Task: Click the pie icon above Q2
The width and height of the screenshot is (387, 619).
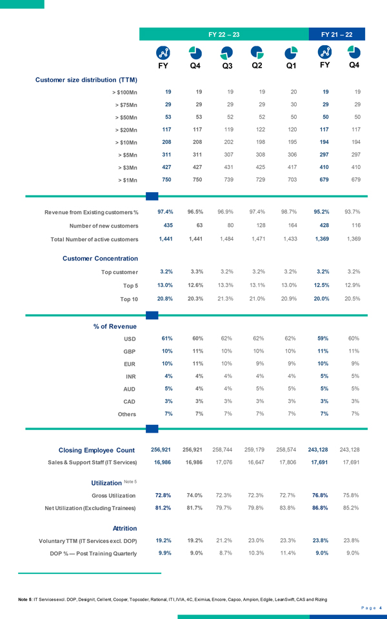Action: pyautogui.click(x=256, y=52)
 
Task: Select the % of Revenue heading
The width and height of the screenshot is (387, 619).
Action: pyautogui.click(x=114, y=326)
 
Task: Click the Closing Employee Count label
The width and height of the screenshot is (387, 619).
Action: pyautogui.click(x=96, y=449)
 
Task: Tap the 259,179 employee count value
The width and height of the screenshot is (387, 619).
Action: pyautogui.click(x=256, y=449)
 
